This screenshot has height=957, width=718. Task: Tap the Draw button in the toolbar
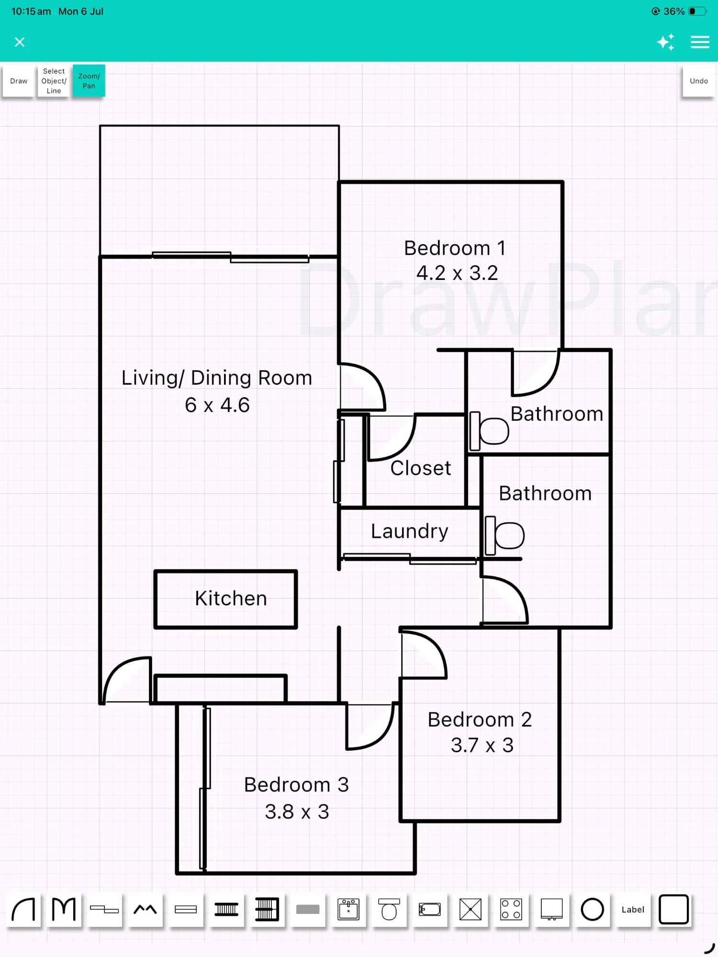(19, 81)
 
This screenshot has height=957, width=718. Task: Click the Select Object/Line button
(54, 81)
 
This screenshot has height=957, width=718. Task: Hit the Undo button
(698, 81)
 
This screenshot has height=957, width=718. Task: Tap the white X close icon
(20, 42)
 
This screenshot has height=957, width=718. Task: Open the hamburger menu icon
(700, 42)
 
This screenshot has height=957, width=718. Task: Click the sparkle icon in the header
(666, 42)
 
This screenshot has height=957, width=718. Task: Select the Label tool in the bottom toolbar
(633, 910)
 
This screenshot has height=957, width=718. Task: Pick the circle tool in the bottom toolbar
(592, 910)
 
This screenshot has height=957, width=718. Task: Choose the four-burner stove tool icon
(511, 910)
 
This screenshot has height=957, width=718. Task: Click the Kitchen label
(231, 599)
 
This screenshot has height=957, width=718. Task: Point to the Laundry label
(410, 532)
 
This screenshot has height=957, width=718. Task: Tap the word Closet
(421, 468)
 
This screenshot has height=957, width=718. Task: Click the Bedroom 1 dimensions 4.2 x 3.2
(457, 273)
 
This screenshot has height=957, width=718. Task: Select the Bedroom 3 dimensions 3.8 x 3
(297, 812)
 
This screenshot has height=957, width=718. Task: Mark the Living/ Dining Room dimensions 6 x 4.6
(217, 405)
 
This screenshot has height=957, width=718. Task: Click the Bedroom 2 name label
(480, 720)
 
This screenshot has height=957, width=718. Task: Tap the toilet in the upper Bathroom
(489, 431)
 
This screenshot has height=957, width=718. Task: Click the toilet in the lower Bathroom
(505, 535)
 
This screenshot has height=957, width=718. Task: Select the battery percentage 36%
(674, 11)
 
